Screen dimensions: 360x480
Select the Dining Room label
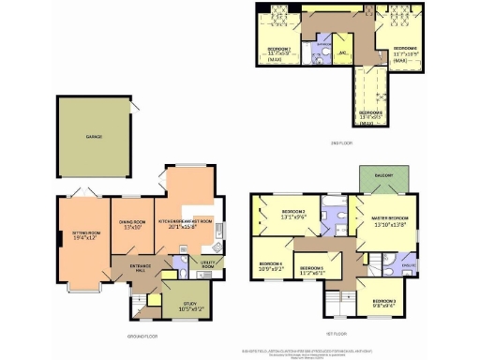coord(131,223)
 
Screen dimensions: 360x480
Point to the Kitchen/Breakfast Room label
coord(186,221)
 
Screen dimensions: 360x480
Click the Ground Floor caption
coord(142,336)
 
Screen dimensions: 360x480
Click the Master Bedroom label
coord(382,218)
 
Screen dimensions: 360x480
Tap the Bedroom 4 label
coord(270,263)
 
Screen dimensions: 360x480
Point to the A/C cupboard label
coord(343,52)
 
